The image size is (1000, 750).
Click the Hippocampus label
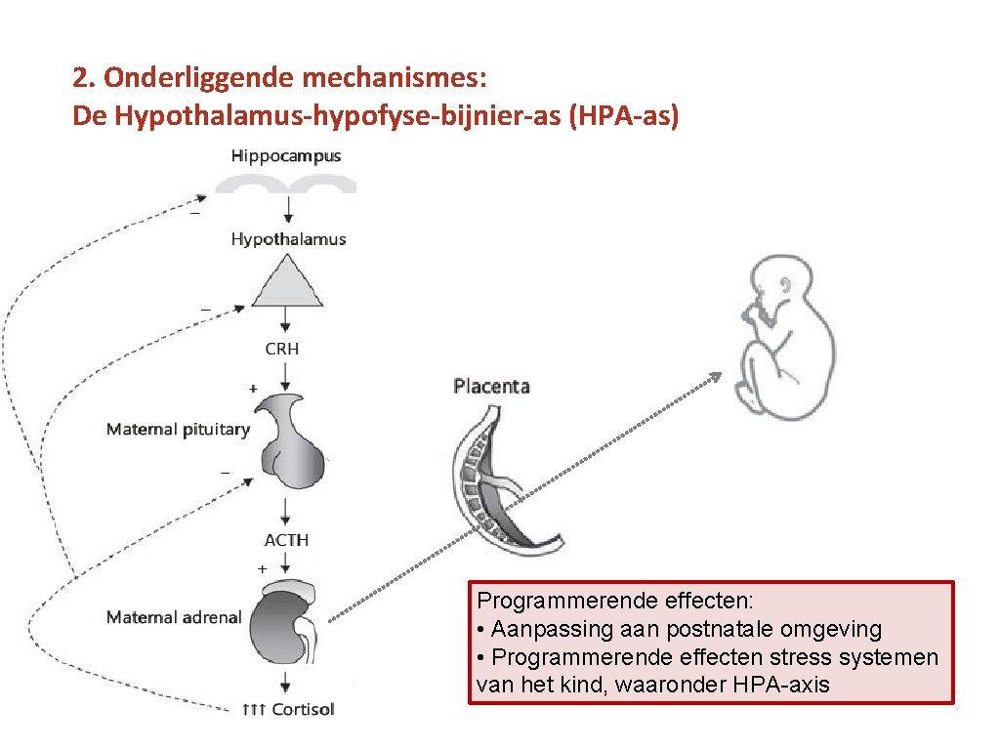click(x=286, y=155)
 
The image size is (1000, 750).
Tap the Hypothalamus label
click(x=288, y=239)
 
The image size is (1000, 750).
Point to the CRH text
click(x=282, y=349)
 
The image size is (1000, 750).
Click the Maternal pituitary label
click(x=178, y=429)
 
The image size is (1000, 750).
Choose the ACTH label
click(x=286, y=540)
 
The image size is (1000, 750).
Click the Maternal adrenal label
click(x=174, y=617)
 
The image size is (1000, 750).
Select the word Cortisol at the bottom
click(x=303, y=709)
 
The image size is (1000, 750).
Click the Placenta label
click(x=491, y=387)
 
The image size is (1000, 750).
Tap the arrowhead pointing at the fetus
click(x=716, y=377)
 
